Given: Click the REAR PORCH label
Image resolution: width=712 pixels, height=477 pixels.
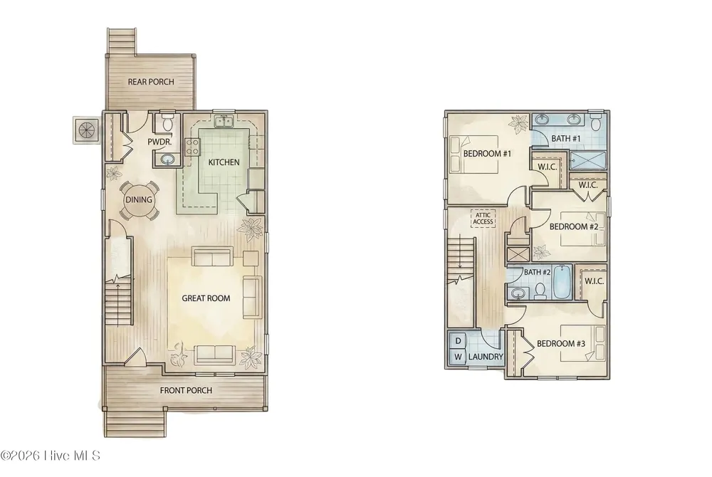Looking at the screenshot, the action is [151, 82].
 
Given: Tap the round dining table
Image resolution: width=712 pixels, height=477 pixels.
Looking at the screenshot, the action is [139, 199].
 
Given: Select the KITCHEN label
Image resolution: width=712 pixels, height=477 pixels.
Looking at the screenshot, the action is [224, 162].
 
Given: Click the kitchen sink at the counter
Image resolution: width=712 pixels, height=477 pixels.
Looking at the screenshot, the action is [224, 121].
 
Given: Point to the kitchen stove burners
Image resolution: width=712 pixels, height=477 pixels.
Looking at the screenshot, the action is [192, 147].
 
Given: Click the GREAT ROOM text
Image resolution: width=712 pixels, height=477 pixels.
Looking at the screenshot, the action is [206, 298].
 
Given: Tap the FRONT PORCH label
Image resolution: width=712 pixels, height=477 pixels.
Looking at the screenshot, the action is [186, 390].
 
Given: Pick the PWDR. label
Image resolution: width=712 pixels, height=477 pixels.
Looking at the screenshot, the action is [159, 142].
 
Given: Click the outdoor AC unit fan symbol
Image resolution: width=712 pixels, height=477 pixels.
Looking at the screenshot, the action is [87, 130].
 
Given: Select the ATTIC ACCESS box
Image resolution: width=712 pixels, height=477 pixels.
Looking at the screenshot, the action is [483, 219].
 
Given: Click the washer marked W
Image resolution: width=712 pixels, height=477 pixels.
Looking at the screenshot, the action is [458, 356].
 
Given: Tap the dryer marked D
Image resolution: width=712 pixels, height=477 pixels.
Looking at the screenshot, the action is [458, 341].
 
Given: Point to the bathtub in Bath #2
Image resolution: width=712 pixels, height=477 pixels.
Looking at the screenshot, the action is [561, 281].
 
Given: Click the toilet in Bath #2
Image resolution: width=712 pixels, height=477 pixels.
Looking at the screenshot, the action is [540, 292].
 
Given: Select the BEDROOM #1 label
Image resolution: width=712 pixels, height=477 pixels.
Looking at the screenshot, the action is [487, 154].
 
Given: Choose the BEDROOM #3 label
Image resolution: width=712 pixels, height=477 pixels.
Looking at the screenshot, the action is [561, 344].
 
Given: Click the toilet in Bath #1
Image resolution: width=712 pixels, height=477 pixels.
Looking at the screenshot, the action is [596, 121].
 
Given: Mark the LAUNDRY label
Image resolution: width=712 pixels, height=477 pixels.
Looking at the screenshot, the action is [486, 357].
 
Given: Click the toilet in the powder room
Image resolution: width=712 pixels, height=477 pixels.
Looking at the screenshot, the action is [167, 122].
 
